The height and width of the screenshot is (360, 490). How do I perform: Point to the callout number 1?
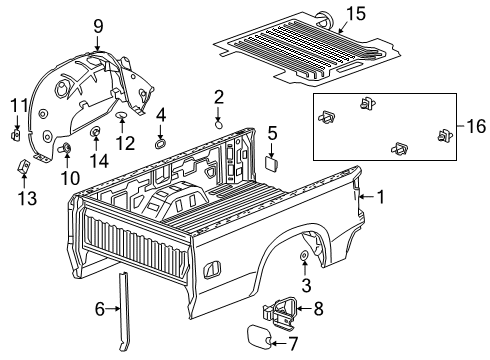coord(381,197)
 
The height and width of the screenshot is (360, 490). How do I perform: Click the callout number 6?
coord(101,310)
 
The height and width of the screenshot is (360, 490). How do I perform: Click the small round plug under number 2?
coord(219,124)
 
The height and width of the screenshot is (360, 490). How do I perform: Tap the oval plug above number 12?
coord(122,117)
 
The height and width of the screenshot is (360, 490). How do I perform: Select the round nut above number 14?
coord(97,132)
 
